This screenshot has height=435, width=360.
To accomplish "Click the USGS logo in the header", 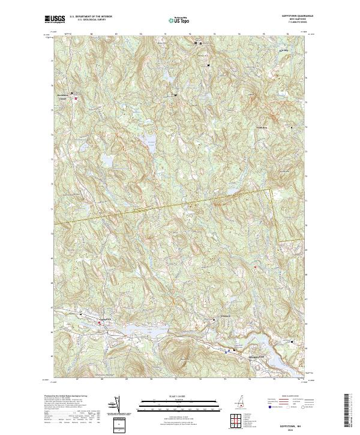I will pyautogui.click(x=55, y=19).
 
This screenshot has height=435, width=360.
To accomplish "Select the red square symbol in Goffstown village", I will pyautogui.click(x=100, y=325).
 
